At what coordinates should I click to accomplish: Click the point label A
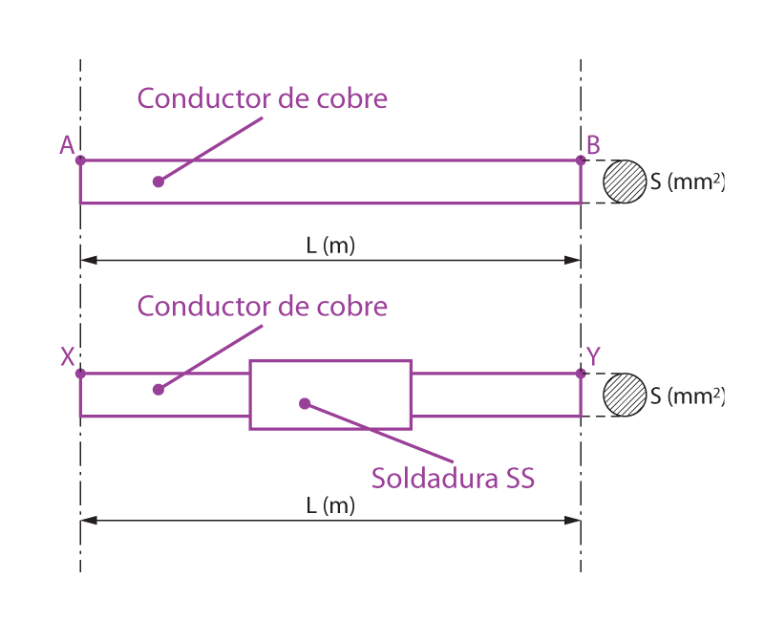point(67,144)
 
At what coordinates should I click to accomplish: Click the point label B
point(593,144)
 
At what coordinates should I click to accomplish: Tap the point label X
point(68,356)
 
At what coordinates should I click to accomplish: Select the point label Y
point(593,356)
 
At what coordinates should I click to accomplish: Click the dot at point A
point(80,161)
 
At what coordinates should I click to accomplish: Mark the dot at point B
point(581,161)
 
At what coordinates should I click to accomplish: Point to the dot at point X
point(80,374)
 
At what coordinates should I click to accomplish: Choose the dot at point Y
point(581,374)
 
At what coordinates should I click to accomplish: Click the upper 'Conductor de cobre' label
point(263,99)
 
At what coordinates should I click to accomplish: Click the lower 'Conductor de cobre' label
point(263,307)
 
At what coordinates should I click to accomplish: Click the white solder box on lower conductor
point(330,395)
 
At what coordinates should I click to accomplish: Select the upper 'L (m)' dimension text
point(330,246)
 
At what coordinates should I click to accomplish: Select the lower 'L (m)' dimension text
point(330,506)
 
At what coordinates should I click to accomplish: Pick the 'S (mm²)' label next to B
point(685,182)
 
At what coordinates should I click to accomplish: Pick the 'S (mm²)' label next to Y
point(685,395)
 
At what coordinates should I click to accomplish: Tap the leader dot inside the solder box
point(304,403)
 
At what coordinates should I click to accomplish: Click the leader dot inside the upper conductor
point(158,182)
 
